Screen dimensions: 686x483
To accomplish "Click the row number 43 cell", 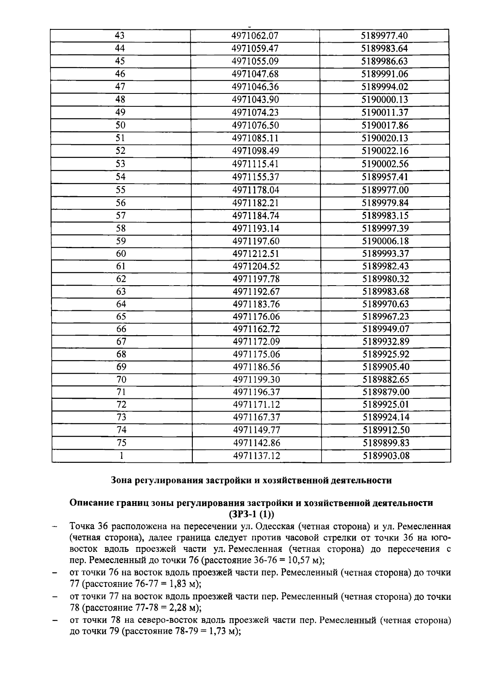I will tap(120, 35).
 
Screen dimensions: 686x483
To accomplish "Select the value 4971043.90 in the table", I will tap(255, 99).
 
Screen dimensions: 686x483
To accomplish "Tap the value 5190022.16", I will tap(385, 151).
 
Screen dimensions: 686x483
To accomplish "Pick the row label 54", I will tap(120, 177).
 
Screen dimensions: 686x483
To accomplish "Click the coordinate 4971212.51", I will tap(256, 254).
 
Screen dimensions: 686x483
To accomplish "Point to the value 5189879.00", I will tap(386, 392).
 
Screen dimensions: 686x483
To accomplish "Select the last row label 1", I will tap(121, 456).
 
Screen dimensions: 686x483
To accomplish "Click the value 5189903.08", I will tap(386, 456).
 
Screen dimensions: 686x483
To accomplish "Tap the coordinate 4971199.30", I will tap(256, 379).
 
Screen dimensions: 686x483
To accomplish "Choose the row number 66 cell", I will tap(121, 329).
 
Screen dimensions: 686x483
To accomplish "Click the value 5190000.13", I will tap(385, 99).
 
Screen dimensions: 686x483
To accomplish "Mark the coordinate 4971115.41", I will tap(255, 164).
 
